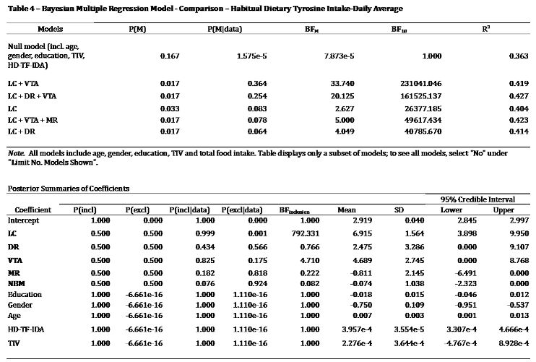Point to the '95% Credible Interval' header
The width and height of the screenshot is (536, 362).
(x=475, y=197)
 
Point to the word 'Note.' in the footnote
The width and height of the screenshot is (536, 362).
(x=16, y=156)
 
